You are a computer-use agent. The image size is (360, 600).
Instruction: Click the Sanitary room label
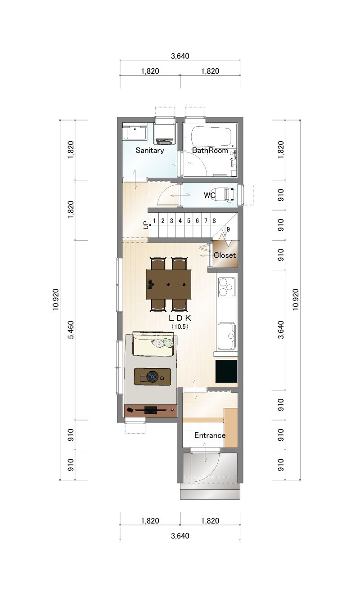tap(149, 150)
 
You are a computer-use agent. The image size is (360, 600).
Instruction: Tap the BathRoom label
tap(210, 150)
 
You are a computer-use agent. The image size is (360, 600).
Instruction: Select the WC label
tap(210, 195)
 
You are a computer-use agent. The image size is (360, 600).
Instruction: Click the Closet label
tap(225, 255)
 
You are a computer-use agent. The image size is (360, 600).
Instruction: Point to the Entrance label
tap(210, 435)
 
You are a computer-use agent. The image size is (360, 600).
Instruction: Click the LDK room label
tap(180, 318)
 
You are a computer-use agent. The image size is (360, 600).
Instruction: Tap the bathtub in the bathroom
tap(211, 137)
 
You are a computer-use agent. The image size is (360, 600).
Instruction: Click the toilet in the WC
tap(225, 194)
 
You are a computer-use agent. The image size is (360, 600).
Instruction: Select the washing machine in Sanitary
tap(165, 134)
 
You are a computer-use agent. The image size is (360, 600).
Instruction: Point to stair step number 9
tap(228, 229)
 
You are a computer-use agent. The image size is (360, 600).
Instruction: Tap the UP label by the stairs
tap(146, 225)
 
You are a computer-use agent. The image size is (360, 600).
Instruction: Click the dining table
tap(169, 284)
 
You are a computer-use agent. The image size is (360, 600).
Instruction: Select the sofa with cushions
tap(153, 344)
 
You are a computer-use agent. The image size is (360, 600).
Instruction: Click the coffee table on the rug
tap(152, 376)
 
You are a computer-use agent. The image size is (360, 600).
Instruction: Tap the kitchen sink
tap(227, 336)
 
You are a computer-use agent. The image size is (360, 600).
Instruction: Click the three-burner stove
tap(227, 287)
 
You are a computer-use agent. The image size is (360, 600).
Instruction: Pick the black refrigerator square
tap(226, 371)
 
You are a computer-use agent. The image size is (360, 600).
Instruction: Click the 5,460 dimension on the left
tap(71, 330)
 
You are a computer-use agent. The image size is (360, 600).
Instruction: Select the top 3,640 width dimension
tap(180, 56)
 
